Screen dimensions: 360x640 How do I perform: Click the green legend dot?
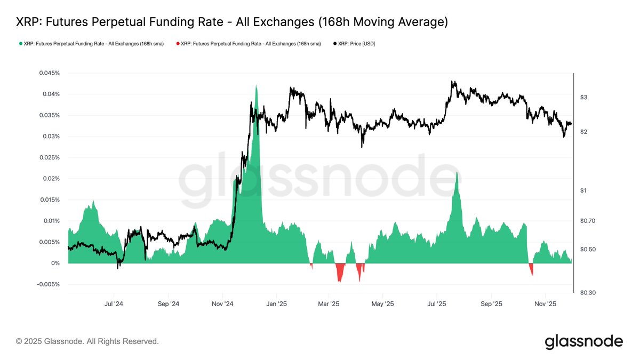pyautogui.click(x=20, y=44)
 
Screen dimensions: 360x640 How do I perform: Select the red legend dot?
pyautogui.click(x=178, y=44)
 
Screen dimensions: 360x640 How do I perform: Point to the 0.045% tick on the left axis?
pyautogui.click(x=49, y=73)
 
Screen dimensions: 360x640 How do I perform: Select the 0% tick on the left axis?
pyautogui.click(x=56, y=263)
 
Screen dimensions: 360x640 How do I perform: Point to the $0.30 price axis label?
pyautogui.click(x=587, y=293)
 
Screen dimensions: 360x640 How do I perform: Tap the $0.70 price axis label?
pyautogui.click(x=587, y=221)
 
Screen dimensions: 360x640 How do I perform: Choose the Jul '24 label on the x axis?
pyautogui.click(x=114, y=304)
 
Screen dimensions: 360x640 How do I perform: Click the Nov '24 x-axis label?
pyautogui.click(x=222, y=304)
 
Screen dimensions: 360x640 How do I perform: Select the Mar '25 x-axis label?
pyautogui.click(x=329, y=304)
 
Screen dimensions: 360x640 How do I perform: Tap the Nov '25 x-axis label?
pyautogui.click(x=545, y=304)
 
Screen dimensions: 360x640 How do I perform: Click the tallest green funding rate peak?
pyautogui.click(x=257, y=86)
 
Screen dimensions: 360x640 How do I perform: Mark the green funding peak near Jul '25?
pyautogui.click(x=457, y=173)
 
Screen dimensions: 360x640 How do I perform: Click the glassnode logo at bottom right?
pyautogui.click(x=583, y=341)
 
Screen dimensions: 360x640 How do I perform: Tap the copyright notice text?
pyautogui.click(x=87, y=341)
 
